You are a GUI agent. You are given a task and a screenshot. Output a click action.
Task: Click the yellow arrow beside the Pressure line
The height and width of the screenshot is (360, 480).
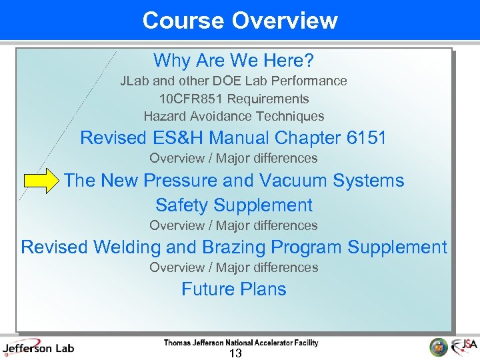tap(42, 181)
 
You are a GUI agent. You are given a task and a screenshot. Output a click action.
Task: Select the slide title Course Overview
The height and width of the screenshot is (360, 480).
tap(239, 20)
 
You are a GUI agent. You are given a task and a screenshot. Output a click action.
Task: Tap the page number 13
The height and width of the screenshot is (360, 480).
tap(235, 353)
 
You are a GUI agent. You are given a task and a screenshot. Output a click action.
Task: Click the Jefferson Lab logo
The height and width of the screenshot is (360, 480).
tap(38, 347)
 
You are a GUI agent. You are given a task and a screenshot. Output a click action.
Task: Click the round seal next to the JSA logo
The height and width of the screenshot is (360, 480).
tap(439, 347)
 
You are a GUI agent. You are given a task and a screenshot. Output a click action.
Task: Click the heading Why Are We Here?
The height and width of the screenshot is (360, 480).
tap(233, 61)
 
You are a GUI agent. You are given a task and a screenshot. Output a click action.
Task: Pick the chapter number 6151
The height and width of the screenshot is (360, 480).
tap(367, 138)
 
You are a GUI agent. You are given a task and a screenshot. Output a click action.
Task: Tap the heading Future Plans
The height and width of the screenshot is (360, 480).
tap(233, 289)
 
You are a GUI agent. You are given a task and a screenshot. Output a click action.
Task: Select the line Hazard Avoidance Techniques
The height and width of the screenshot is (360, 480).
tap(233, 116)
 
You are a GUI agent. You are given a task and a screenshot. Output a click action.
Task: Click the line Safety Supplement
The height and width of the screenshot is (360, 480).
tap(233, 205)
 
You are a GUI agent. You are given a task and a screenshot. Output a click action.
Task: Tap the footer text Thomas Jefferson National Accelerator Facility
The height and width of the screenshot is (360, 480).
tap(241, 343)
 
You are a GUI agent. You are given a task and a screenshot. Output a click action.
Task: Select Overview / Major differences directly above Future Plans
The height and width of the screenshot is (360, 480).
tap(233, 267)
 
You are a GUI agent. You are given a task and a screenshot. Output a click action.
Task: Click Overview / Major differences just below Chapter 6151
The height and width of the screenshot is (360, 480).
tap(233, 158)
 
